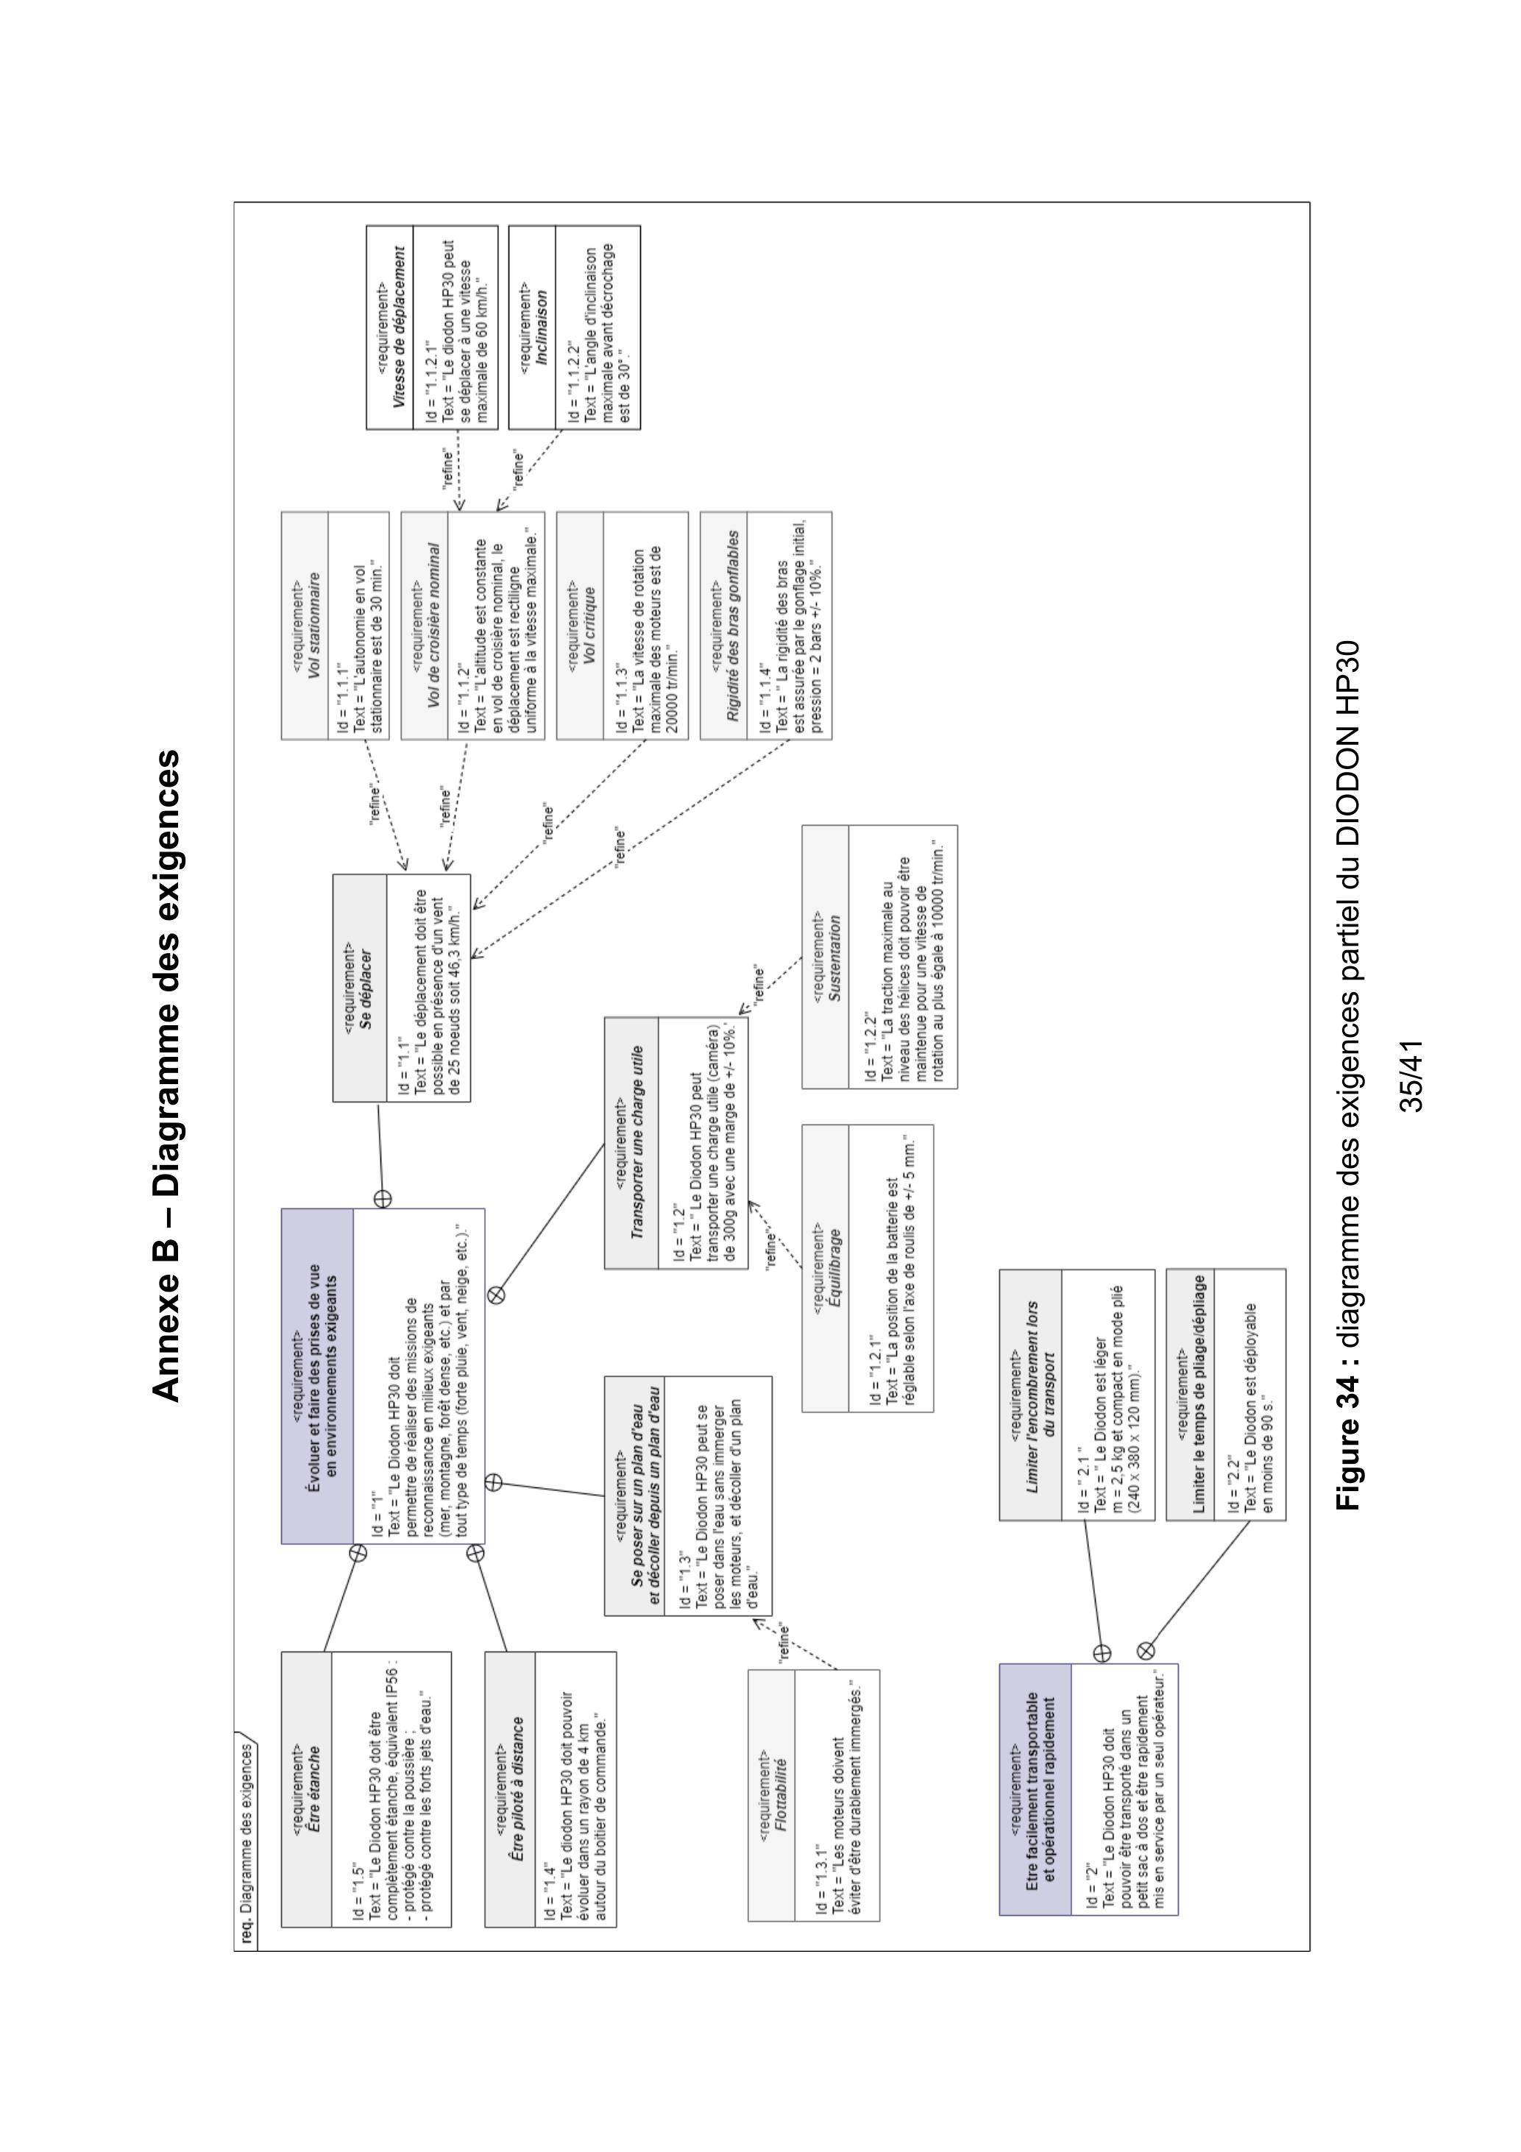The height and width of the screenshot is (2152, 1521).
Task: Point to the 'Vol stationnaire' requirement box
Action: [x=336, y=625]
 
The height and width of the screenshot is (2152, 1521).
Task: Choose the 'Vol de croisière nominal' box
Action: [x=473, y=625]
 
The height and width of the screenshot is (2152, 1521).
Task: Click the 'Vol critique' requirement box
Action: [x=623, y=625]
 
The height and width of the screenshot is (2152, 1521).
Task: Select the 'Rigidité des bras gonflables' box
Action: [x=766, y=625]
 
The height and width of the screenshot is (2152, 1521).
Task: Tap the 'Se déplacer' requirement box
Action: [x=402, y=988]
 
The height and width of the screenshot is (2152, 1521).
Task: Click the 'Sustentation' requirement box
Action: [x=880, y=956]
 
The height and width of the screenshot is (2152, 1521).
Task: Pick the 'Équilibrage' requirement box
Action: [x=868, y=1268]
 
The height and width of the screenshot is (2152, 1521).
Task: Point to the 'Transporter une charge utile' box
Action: [x=677, y=1142]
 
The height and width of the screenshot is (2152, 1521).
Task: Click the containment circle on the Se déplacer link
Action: [x=383, y=1198]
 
